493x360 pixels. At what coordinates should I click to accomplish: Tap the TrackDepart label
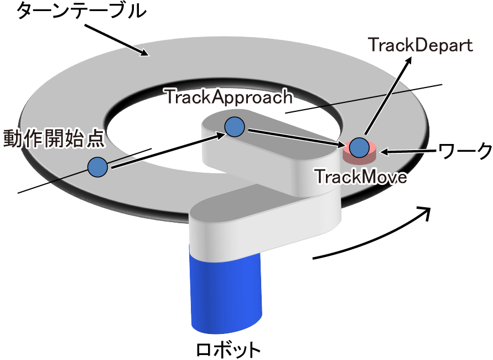point(421,44)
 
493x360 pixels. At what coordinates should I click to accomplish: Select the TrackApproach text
point(228,97)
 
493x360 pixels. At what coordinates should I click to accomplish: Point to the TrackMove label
point(361,177)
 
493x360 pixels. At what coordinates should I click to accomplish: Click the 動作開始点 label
point(54,138)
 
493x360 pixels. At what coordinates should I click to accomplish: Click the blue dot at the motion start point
point(97,166)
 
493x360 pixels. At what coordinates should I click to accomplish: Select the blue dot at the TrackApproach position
point(235,127)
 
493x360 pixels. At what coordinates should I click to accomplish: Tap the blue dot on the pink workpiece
point(359,147)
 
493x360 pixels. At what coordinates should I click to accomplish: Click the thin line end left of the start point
point(20,192)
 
